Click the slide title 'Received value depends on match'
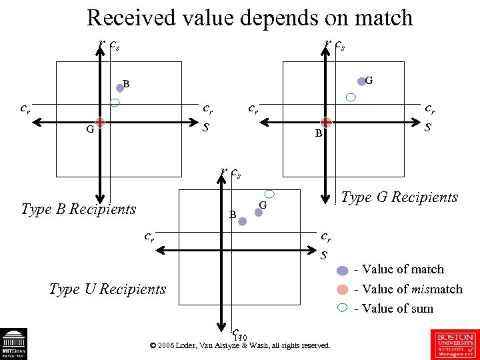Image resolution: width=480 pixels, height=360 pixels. pos(249,18)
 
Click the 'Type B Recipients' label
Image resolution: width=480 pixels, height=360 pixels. pos(79,209)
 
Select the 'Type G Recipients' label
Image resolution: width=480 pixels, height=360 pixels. pos(399,197)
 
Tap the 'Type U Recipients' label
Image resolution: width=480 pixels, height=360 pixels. pos(107,289)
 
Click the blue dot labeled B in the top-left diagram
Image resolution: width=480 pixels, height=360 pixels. pos(121,87)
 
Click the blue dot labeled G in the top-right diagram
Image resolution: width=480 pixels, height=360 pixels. pos(361,81)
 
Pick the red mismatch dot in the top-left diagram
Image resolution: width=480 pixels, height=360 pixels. pos(99,122)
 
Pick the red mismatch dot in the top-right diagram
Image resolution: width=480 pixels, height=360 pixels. pos(326,122)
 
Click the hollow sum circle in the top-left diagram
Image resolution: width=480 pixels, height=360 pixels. pos(115,103)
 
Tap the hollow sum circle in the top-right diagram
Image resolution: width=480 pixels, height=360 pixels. pos(351,97)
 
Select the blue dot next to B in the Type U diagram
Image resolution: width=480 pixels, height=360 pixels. pos(243,221)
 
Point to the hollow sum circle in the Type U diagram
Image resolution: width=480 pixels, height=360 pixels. pos(270,193)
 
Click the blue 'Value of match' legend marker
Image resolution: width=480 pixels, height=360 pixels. pos(342,270)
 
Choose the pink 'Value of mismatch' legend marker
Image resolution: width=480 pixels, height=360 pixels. pos(342,289)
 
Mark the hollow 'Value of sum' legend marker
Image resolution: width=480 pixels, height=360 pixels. pos(342,308)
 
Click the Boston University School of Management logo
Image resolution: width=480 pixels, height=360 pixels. pos(455,343)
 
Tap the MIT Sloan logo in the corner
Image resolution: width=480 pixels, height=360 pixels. pos(13,345)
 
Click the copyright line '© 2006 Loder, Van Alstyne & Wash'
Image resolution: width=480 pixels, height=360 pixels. pos(240,346)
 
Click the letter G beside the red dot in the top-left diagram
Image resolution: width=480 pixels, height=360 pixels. pos(89,130)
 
